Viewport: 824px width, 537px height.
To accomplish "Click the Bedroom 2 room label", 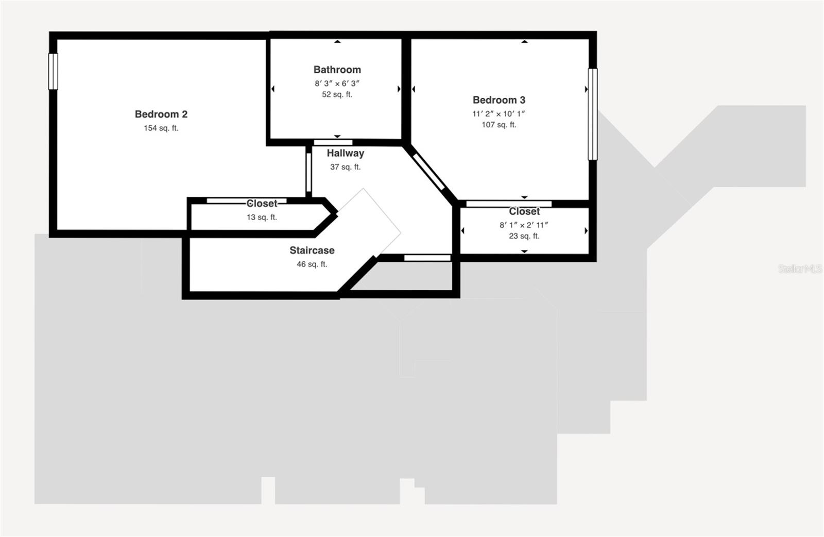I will (161, 114).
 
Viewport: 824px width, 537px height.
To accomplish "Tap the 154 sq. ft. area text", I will (161, 128).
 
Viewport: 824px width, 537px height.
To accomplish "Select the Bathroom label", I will (337, 70).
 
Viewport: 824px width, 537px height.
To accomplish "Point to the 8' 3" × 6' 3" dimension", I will (337, 83).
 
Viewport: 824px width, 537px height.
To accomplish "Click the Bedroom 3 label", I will (499, 100).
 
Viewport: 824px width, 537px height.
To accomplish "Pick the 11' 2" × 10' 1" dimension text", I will (499, 114).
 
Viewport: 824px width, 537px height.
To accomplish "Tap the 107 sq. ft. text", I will (499, 125).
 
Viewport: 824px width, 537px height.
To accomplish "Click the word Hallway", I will (345, 153).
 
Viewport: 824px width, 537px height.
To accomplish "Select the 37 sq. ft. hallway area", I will (345, 167).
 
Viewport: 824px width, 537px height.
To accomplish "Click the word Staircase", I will (312, 250).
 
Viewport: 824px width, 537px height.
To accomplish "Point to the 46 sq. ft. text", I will (312, 264).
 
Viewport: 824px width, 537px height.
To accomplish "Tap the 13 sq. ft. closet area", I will (262, 217).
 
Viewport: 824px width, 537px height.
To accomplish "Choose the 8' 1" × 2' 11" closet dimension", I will (524, 225).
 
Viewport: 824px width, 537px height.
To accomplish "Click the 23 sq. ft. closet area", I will (524, 236).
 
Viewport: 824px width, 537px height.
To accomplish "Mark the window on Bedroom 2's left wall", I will (53, 72).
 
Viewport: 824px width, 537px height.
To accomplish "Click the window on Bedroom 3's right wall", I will (593, 114).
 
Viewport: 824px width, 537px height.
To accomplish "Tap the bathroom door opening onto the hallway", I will (333, 142).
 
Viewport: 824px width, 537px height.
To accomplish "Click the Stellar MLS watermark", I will (799, 268).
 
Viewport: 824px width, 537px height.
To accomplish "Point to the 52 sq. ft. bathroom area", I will (337, 94).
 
